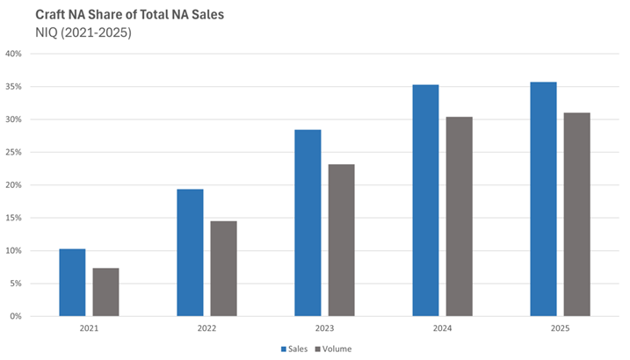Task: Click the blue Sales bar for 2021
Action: coord(72,282)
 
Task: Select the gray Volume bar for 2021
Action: coord(105,292)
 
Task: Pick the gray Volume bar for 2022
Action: coord(223,268)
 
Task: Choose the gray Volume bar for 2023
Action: coord(341,240)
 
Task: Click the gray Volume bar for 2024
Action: coord(459,216)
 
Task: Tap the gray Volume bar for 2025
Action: coord(576,214)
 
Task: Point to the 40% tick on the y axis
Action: coord(14,54)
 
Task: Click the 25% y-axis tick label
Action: coord(14,152)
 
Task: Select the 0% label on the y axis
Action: coord(17,316)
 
